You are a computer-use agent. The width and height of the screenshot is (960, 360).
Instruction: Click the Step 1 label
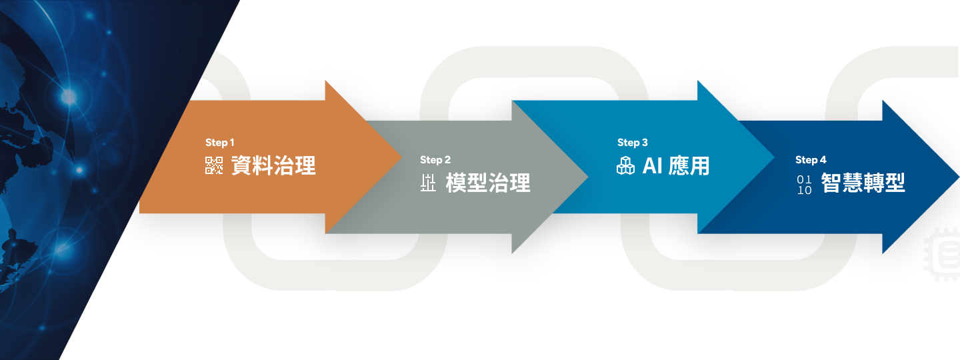pos(220,143)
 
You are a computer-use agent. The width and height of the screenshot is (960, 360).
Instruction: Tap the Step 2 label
pos(435,160)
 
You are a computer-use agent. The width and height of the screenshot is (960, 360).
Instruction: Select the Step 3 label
pos(632,143)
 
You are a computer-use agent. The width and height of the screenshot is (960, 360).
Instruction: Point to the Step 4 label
pos(810,160)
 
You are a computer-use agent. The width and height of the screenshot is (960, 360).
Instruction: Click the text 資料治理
pos(273,165)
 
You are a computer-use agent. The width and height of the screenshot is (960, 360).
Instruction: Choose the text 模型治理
pos(488,183)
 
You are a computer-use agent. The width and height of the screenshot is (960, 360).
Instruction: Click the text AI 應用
pos(676,165)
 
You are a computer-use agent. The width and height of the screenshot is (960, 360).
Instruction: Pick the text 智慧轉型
pos(863,183)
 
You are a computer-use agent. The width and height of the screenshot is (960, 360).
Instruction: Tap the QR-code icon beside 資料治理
pos(214,165)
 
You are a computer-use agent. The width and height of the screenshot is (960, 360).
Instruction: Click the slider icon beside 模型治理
pos(428,183)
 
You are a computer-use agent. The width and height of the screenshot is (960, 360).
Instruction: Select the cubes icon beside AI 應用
pos(625,165)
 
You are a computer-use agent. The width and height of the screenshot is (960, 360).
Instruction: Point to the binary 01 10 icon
pos(804,184)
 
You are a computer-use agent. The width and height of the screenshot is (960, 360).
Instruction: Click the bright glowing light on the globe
pos(69,97)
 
